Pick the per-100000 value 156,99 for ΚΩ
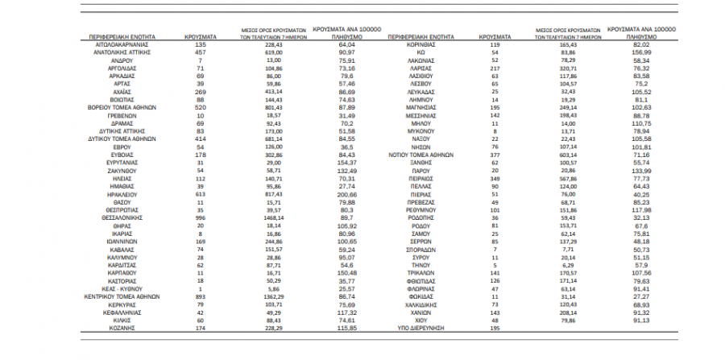[641, 52]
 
